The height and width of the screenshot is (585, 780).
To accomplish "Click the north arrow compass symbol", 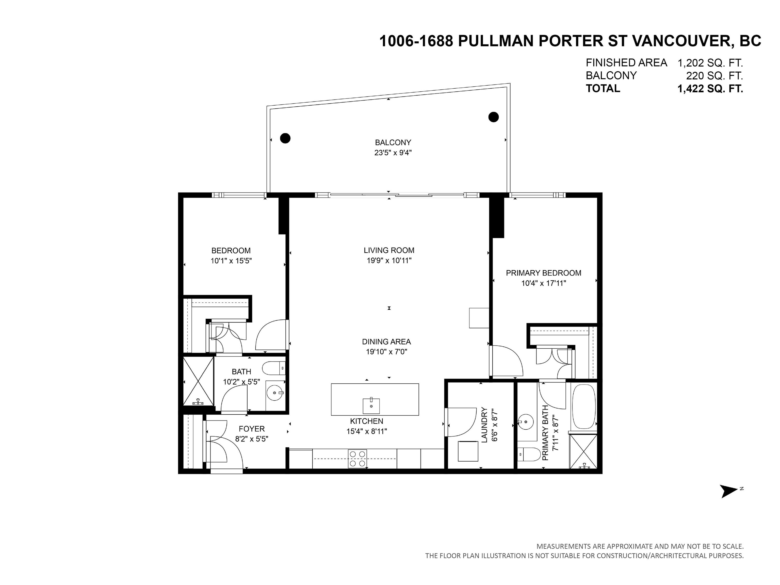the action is click(729, 491).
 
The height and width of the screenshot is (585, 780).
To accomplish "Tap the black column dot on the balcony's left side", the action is click(285, 138).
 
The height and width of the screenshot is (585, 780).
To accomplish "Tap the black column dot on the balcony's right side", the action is click(493, 117).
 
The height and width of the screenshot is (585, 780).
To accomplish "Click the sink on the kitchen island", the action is click(371, 406).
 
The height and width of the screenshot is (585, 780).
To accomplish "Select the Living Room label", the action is click(389, 250).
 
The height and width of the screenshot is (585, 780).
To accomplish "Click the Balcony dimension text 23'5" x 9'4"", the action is click(393, 153).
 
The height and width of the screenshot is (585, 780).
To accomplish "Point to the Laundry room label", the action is click(484, 425).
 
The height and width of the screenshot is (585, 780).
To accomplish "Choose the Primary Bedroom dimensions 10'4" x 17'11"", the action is click(544, 283).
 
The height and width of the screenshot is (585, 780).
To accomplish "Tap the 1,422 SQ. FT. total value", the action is click(710, 89).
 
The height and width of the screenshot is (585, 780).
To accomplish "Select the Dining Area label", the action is click(386, 342).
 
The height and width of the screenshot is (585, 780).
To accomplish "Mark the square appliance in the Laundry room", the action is click(468, 451).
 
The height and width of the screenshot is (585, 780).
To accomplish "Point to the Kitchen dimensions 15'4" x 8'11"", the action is click(367, 431).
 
